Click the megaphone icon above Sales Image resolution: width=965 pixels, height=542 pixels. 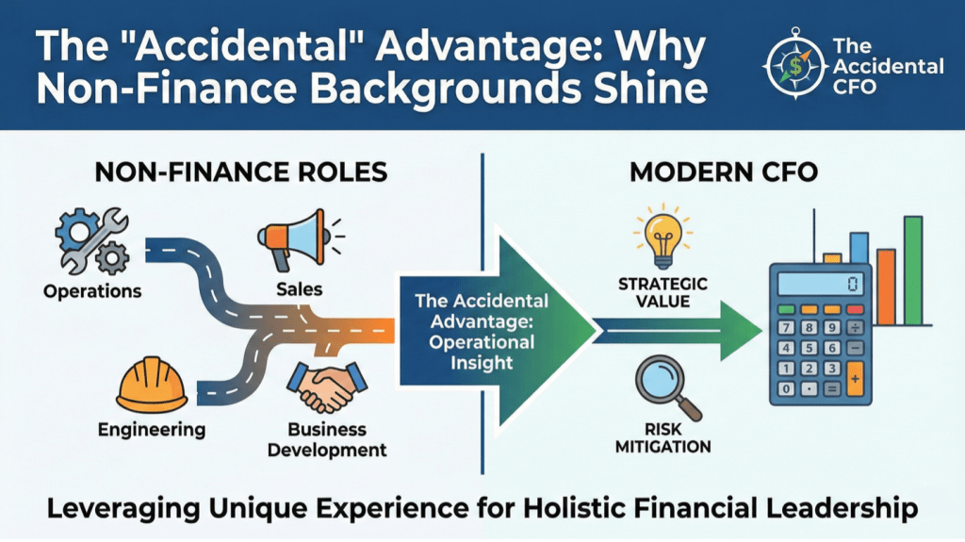pos(299,239)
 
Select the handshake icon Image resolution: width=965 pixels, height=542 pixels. pos(327,386)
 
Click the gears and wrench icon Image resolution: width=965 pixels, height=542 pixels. pos(92,240)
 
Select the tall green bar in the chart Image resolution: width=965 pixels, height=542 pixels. pos(912,271)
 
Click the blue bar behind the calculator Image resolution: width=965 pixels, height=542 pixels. pos(859,248)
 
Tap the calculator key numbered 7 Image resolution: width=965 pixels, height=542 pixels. pos(786,327)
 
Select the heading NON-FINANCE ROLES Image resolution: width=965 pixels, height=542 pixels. pos(241,172)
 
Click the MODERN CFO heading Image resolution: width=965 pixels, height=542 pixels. pos(724,172)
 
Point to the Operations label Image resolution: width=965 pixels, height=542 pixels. pos(92,290)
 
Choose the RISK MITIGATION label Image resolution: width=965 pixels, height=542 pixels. pos(662,438)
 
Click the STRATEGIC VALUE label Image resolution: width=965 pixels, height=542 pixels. pos(662,292)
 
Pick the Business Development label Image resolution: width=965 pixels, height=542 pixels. pos(327,439)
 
